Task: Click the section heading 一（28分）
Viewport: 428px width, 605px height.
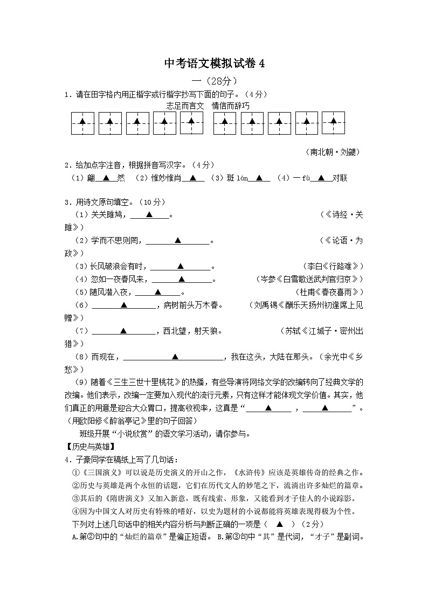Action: click(215, 81)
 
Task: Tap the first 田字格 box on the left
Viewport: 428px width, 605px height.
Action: click(82, 123)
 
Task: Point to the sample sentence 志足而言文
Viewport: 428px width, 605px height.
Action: click(185, 106)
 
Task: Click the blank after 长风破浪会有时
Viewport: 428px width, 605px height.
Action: click(181, 266)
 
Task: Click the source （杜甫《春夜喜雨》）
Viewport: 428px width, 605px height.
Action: click(329, 292)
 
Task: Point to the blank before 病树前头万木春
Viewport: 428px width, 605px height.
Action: click(123, 305)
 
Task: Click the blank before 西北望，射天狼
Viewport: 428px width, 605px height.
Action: click(123, 331)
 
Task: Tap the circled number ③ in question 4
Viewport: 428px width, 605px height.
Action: click(76, 499)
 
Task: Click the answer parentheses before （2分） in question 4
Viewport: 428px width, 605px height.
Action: click(279, 524)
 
